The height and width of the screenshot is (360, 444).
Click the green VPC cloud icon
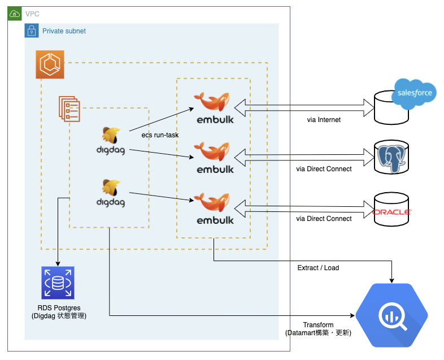[x=14, y=13]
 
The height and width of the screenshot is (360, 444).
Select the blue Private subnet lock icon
[x=32, y=31]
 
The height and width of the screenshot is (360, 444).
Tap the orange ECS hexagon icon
[x=50, y=64]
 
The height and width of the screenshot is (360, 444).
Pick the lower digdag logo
[x=110, y=192]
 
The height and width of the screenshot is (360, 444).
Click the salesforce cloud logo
[x=415, y=93]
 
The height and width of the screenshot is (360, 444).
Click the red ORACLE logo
[x=393, y=212]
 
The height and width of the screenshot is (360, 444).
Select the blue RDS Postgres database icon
[x=58, y=283]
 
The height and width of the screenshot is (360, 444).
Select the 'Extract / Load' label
[x=318, y=267]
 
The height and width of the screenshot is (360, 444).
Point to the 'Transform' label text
[x=318, y=325]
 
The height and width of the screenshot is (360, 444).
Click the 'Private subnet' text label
[x=64, y=31]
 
